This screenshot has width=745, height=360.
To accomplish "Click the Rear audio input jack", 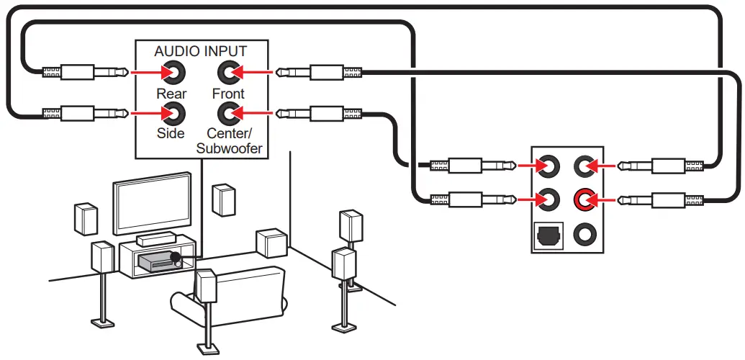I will point(173,73).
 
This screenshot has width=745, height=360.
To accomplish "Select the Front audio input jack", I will point(228,72).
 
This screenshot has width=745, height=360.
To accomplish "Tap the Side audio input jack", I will point(173,113).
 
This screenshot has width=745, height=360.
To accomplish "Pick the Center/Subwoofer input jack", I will point(228,113).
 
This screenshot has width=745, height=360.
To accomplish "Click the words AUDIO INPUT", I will point(200,52).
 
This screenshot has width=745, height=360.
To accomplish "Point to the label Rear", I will point(171,94).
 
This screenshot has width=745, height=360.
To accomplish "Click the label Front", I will point(228,94).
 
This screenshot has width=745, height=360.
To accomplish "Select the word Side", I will point(171,133).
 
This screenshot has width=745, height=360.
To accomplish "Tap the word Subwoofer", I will point(229,149).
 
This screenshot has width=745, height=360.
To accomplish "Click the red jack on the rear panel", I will point(584,197).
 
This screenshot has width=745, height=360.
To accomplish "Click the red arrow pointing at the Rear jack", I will point(144,73).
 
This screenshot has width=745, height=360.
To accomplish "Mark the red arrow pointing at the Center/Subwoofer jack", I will point(256,113).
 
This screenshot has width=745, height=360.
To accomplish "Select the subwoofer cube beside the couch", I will point(271,243).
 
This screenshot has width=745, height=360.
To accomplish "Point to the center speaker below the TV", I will point(155,239).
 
